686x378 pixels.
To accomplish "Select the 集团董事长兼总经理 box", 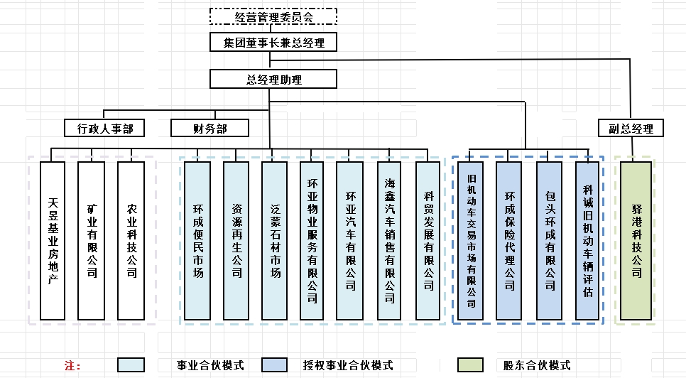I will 273,43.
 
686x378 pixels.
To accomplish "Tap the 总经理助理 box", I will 273,79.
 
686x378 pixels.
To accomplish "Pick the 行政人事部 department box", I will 104,128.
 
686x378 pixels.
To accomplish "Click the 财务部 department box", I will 209,128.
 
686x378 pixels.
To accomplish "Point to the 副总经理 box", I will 631,128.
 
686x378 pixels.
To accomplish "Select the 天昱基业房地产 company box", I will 53,240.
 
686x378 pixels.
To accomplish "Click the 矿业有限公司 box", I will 92,240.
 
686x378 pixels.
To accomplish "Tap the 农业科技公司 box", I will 131,240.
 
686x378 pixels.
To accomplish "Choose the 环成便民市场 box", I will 197,240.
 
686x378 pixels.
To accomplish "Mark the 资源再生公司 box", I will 236,240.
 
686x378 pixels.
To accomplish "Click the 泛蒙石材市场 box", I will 275,240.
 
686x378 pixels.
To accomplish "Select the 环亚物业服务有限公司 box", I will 312,240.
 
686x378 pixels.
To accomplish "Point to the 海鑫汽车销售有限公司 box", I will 389,240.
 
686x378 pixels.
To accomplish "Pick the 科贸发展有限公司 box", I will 428,240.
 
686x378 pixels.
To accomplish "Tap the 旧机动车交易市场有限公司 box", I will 471,240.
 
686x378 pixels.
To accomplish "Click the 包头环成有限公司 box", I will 549,240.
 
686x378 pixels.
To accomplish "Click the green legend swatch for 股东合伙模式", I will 476,364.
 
